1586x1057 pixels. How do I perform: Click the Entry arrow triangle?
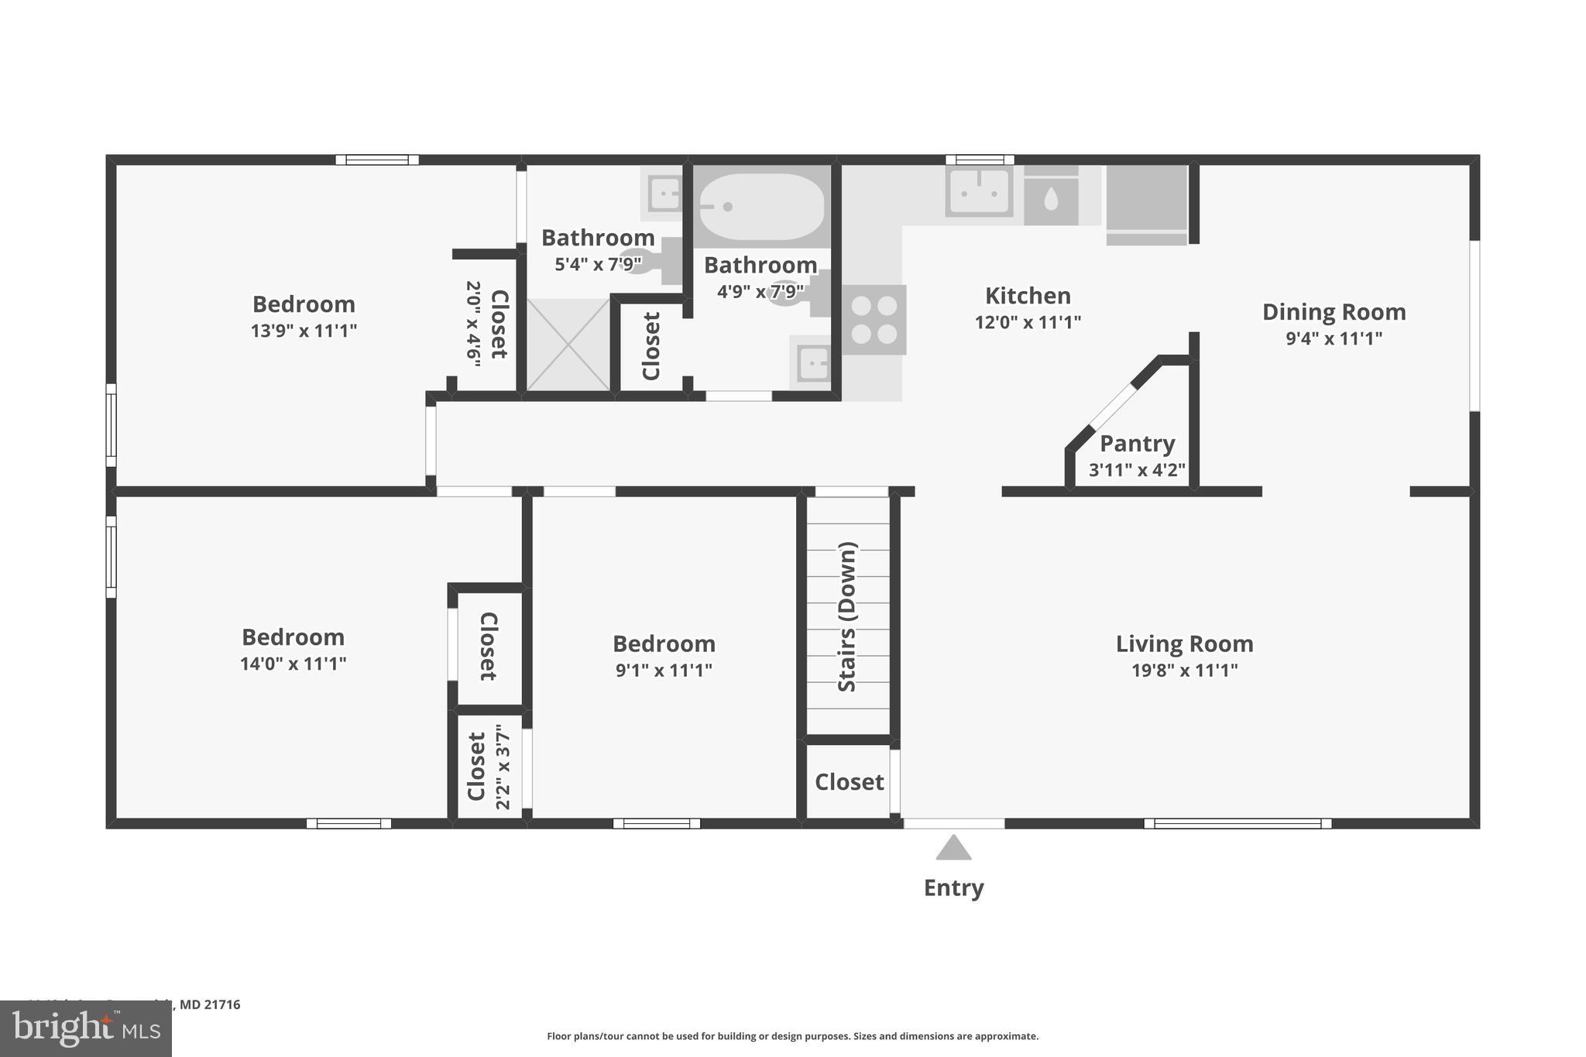click(953, 848)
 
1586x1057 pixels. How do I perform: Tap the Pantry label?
click(1137, 444)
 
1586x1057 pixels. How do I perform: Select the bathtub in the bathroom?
click(761, 206)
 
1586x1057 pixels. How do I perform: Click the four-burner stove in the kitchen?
click(874, 320)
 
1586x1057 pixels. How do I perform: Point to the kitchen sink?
click(979, 191)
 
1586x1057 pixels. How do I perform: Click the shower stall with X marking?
click(569, 345)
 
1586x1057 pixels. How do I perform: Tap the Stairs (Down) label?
click(848, 616)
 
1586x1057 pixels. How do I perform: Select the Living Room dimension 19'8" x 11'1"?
click(1184, 671)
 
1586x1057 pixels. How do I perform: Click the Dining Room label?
click(1334, 312)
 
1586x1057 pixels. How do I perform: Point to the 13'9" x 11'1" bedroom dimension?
click(304, 331)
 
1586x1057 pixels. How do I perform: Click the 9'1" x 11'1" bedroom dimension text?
click(664, 671)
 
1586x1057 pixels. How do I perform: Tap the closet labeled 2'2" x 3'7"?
click(489, 767)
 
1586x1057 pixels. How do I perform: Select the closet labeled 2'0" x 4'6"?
click(486, 324)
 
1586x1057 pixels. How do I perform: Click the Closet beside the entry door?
click(849, 782)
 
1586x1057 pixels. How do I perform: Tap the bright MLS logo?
click(86, 1028)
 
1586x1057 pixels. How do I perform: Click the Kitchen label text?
click(1028, 296)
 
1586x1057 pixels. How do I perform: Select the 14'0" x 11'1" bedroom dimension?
click(293, 664)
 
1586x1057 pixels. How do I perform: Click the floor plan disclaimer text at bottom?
click(792, 1036)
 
